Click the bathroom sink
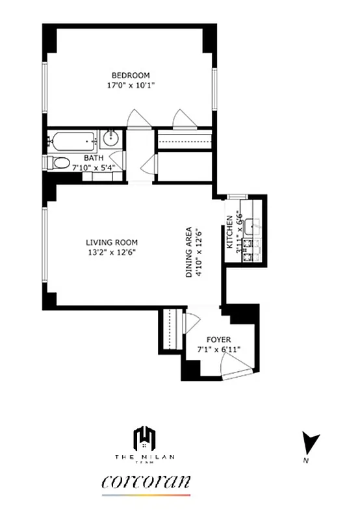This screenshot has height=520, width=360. click(111, 138)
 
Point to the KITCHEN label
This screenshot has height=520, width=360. click(229, 233)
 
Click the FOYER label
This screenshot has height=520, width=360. click(218, 339)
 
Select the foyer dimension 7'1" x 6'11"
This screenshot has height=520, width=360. click(219, 350)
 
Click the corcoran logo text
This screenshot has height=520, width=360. click(146, 482)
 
